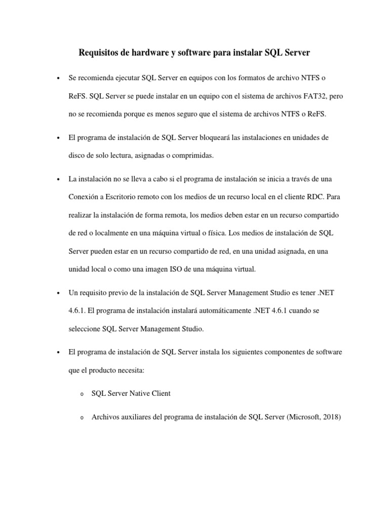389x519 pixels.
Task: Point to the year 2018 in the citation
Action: coord(331,418)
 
